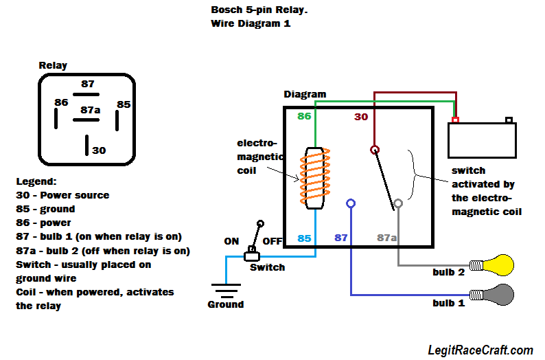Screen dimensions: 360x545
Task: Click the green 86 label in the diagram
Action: click(x=304, y=117)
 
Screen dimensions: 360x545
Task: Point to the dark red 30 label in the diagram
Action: click(x=361, y=117)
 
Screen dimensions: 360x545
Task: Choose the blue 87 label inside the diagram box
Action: click(x=341, y=238)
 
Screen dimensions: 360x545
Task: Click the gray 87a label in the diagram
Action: click(x=387, y=238)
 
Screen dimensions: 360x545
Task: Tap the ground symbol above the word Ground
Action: click(x=226, y=289)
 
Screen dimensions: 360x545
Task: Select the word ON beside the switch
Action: click(x=231, y=241)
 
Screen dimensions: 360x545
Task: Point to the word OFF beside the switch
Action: click(x=272, y=241)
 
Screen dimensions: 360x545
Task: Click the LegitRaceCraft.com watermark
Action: click(x=480, y=350)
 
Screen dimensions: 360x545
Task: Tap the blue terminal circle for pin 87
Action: click(x=351, y=203)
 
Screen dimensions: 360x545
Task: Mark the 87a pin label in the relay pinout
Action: click(x=91, y=109)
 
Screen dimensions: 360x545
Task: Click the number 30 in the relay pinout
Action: click(x=99, y=150)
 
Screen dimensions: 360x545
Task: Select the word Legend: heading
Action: click(x=36, y=181)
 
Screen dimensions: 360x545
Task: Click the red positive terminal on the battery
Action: click(x=455, y=120)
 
